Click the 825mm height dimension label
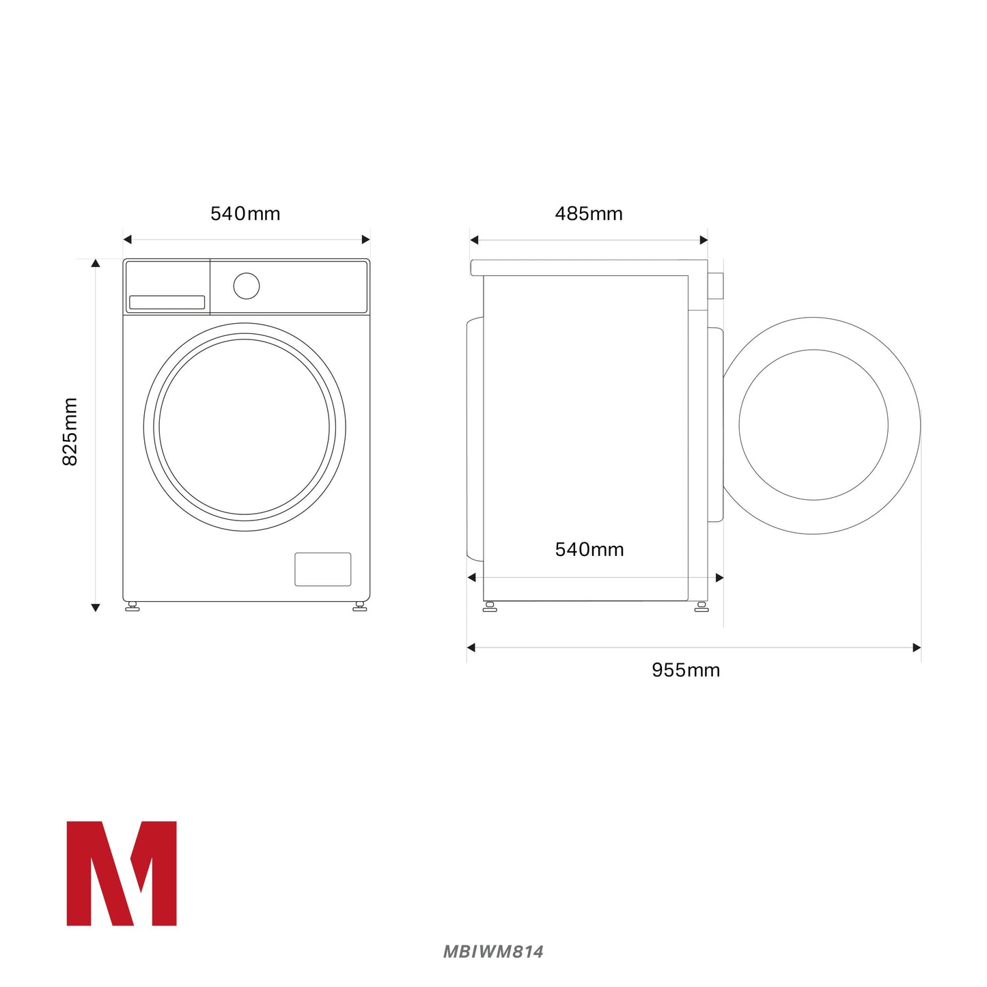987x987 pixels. click(70, 432)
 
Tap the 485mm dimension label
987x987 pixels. click(588, 214)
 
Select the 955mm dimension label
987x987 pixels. click(686, 670)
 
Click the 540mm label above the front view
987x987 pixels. click(245, 214)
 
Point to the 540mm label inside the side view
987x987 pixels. click(589, 549)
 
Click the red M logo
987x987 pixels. click(122, 873)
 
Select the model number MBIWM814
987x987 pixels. click(493, 951)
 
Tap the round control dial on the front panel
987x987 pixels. click(246, 286)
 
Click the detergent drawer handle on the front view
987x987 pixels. click(167, 302)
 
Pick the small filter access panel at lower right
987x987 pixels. click(323, 569)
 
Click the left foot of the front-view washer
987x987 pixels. click(133, 606)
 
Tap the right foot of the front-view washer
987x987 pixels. click(359, 606)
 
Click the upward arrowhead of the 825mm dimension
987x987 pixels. click(96, 263)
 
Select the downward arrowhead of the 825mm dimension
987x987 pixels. click(96, 607)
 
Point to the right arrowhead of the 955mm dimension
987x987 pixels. click(917, 648)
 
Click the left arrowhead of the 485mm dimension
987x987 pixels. click(474, 240)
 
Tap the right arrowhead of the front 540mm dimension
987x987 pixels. click(365, 239)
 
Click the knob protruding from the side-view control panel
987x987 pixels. click(715, 286)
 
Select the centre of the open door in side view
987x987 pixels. click(814, 425)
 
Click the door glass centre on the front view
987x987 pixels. click(245, 427)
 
